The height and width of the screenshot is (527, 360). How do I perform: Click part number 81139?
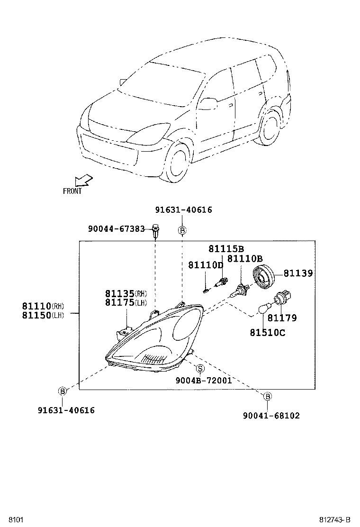pos(298,273)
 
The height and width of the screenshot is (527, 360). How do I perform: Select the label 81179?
pos(282,318)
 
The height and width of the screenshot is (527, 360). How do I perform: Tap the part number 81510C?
pos(268,333)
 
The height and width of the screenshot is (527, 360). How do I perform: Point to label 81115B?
pos(226,249)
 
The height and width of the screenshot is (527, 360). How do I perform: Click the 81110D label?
pos(205,265)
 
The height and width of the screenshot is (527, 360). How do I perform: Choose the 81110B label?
pos(245,259)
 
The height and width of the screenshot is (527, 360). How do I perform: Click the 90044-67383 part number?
pos(116,229)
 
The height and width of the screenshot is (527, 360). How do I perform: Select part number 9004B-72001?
pos(203,380)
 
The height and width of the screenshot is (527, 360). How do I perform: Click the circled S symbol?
pos(200,369)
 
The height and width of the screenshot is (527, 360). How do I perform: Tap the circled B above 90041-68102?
pos(267,396)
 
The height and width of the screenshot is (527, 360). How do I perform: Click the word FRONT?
pos(72,191)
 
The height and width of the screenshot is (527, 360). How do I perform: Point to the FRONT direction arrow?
pos(83,181)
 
